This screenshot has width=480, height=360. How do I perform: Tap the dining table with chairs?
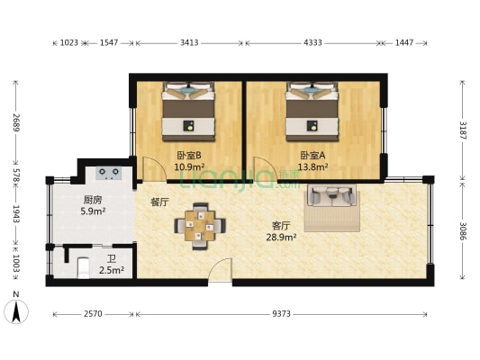(x=199, y=225)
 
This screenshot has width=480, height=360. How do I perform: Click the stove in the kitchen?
(x=110, y=173)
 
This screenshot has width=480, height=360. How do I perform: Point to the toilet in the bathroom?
(x=83, y=267)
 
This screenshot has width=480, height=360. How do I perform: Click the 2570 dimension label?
(x=93, y=314)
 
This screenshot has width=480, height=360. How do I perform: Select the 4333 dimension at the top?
(x=312, y=42)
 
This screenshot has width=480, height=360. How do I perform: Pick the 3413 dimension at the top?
(x=189, y=42)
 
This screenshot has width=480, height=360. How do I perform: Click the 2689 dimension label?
(x=15, y=121)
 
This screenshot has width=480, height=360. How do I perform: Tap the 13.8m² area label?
(x=312, y=166)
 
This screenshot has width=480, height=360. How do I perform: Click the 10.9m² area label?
(x=189, y=166)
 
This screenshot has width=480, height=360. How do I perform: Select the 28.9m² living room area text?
(x=281, y=237)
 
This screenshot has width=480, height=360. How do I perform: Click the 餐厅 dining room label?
(x=159, y=202)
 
